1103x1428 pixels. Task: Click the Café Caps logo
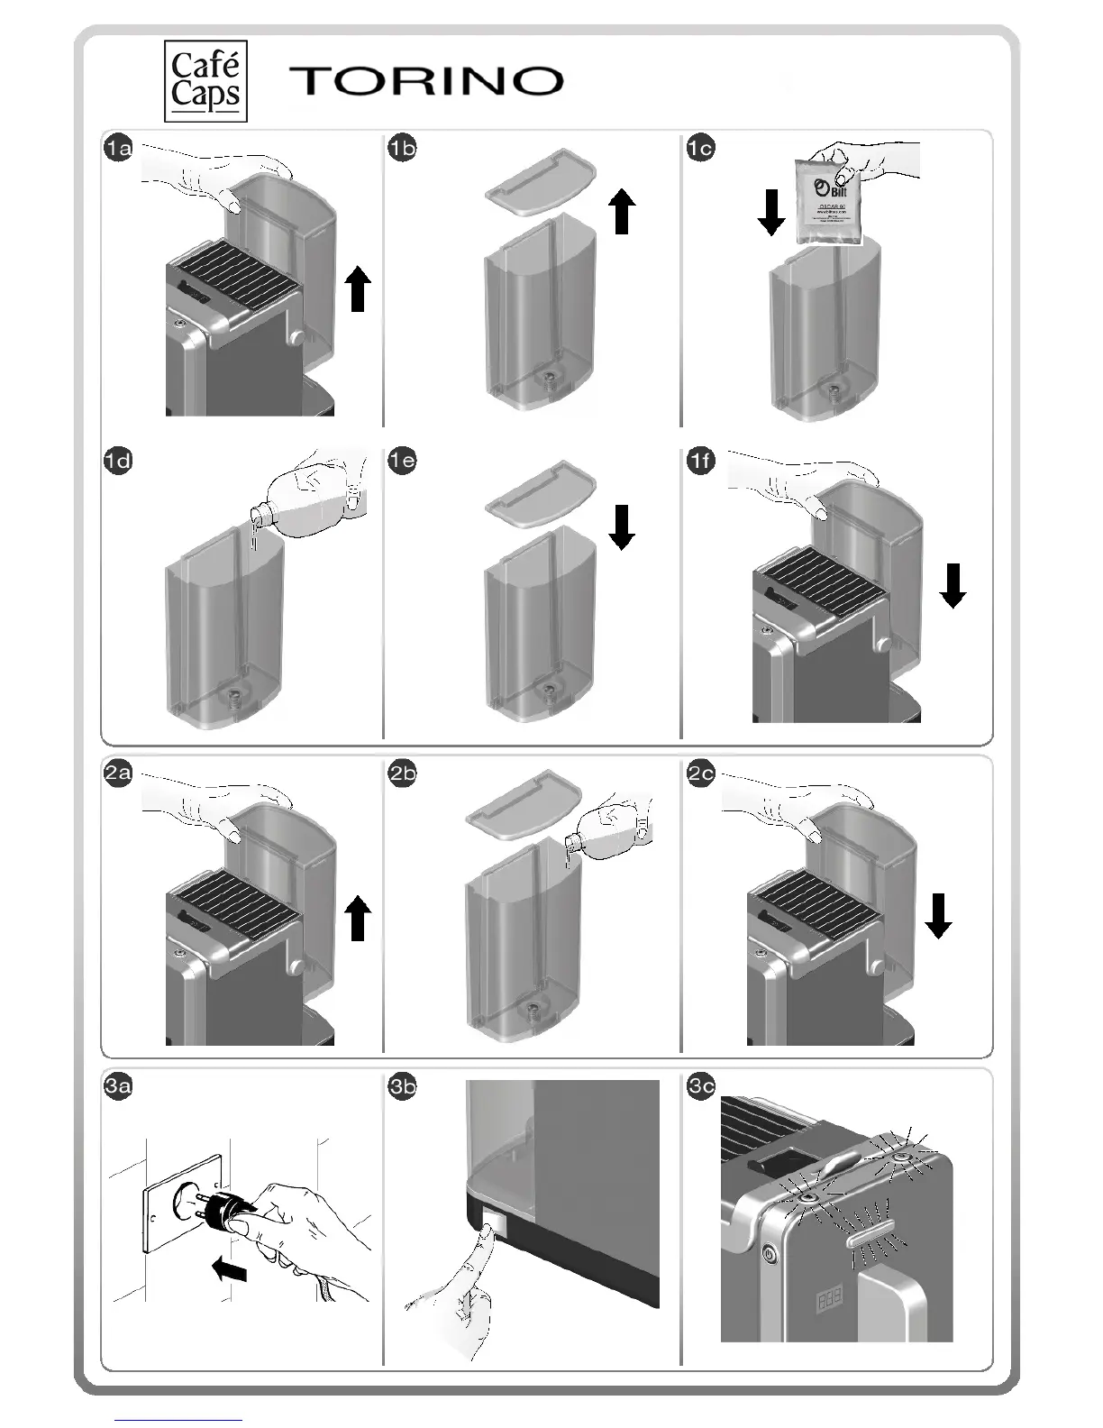[205, 81]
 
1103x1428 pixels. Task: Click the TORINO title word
[426, 81]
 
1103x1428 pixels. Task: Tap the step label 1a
[118, 148]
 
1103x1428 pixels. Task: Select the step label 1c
[700, 148]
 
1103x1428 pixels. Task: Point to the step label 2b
[402, 773]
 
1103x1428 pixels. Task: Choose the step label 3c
[700, 1086]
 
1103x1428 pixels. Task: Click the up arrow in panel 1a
[359, 288]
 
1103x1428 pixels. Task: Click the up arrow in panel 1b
[622, 210]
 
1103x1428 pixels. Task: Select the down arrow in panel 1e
[622, 526]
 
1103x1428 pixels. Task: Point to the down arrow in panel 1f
[953, 585]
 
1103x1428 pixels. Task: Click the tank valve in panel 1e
[547, 694]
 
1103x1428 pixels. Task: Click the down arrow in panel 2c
[938, 915]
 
